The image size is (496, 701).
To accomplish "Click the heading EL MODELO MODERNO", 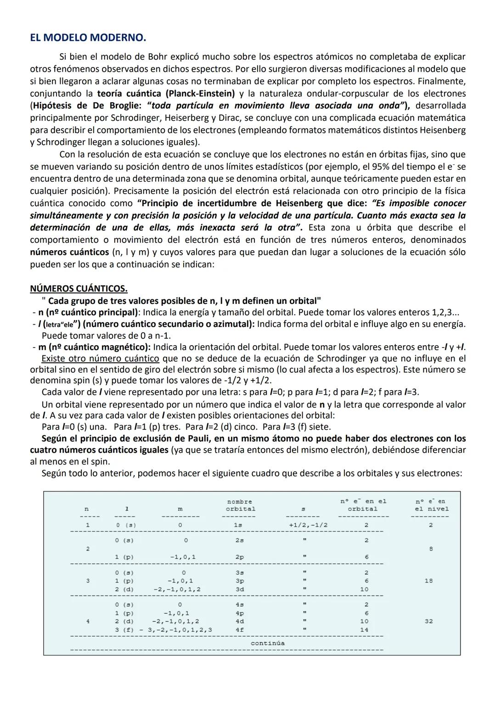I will (88, 38).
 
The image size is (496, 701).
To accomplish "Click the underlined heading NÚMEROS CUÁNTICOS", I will (79, 288).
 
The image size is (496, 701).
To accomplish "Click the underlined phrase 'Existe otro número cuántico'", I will (100, 358).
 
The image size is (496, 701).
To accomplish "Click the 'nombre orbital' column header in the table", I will (240, 505).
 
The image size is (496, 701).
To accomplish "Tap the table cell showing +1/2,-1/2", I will (306, 525).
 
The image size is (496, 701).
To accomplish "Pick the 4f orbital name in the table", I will (239, 630).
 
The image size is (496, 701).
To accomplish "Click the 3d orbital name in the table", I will (239, 589).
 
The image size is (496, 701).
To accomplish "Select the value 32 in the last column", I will (428, 621).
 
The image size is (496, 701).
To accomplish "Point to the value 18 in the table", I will (428, 581).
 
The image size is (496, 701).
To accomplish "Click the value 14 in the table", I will (364, 630).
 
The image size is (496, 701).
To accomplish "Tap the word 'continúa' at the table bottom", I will (267, 643).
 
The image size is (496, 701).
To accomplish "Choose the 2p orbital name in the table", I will (239, 557).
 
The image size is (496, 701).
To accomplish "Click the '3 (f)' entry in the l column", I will (124, 630).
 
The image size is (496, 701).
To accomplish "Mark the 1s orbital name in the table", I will (238, 525).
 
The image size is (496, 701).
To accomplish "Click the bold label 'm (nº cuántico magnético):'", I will (95, 347).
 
